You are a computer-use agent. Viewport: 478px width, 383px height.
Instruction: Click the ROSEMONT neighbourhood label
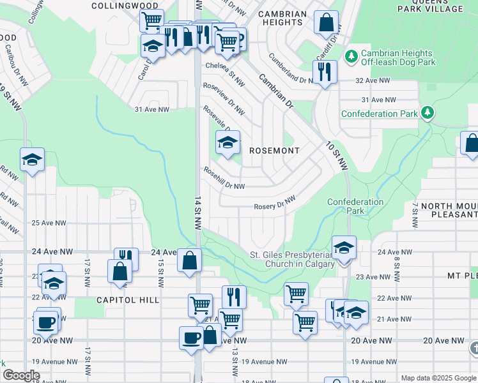point(274,151)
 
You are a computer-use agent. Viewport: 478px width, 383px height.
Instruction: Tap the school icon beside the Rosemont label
point(227,143)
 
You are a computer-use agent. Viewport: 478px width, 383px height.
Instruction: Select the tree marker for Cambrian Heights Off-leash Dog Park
point(351,57)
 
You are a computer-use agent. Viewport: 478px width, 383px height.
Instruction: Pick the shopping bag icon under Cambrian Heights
point(326,23)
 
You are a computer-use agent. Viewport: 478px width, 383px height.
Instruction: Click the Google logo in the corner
point(21,375)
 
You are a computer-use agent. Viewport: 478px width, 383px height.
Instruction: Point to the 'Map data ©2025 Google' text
point(438,378)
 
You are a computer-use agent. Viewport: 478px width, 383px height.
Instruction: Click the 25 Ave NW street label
point(53,223)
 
